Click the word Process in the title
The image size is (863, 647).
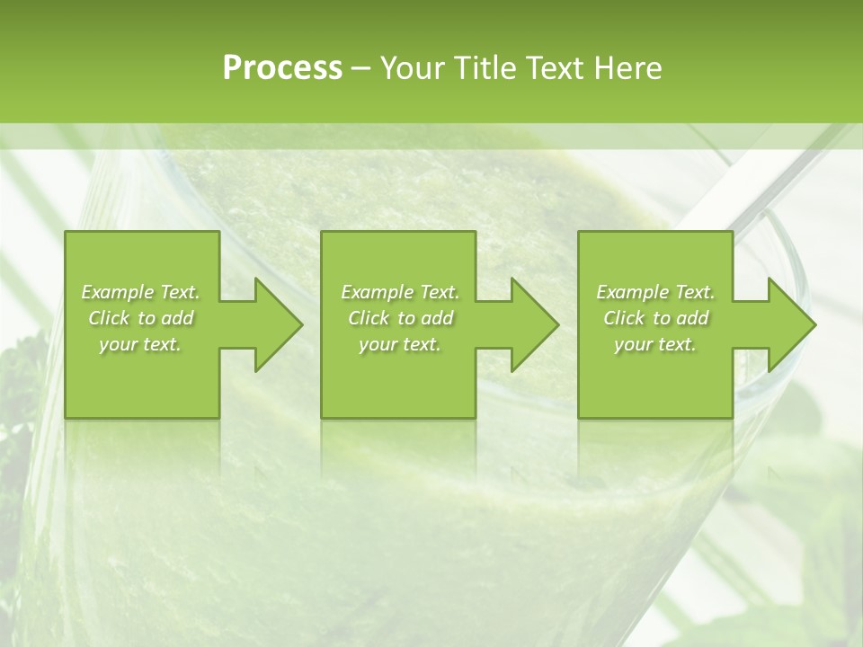(x=282, y=68)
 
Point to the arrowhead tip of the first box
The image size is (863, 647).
(x=300, y=324)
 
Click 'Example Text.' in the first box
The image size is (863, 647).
(x=140, y=292)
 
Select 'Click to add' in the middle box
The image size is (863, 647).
(x=400, y=318)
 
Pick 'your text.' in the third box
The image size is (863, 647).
(x=655, y=344)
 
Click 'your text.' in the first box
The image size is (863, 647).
(x=140, y=344)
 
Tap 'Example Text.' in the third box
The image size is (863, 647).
(x=655, y=292)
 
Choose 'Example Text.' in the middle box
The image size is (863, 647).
(x=400, y=292)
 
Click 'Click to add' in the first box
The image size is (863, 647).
(x=140, y=318)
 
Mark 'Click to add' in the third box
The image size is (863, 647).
(x=655, y=318)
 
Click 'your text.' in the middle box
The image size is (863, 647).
(x=400, y=344)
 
